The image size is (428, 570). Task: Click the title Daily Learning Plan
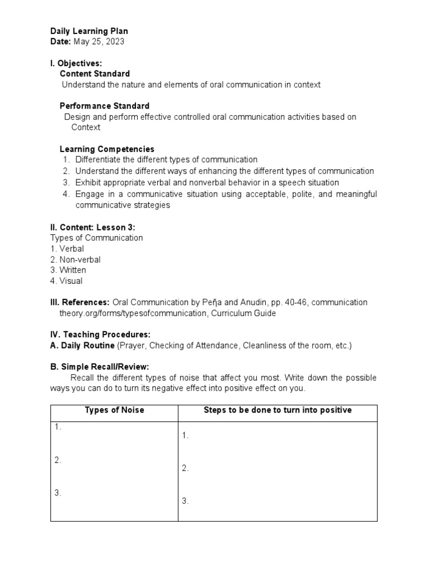[89, 31]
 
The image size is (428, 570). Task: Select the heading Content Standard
[94, 73]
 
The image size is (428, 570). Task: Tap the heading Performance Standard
[104, 106]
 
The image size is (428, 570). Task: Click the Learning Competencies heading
[107, 149]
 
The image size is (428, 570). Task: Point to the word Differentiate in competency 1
[98, 160]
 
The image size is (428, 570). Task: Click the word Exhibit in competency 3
[88, 183]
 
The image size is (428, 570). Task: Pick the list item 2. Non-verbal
[76, 259]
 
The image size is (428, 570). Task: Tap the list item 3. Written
[69, 270]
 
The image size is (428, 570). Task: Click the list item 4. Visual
[66, 281]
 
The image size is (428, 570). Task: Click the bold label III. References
[80, 302]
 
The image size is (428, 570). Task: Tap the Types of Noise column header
[114, 410]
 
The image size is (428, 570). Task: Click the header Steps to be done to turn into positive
[278, 410]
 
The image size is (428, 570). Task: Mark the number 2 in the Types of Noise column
[57, 460]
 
